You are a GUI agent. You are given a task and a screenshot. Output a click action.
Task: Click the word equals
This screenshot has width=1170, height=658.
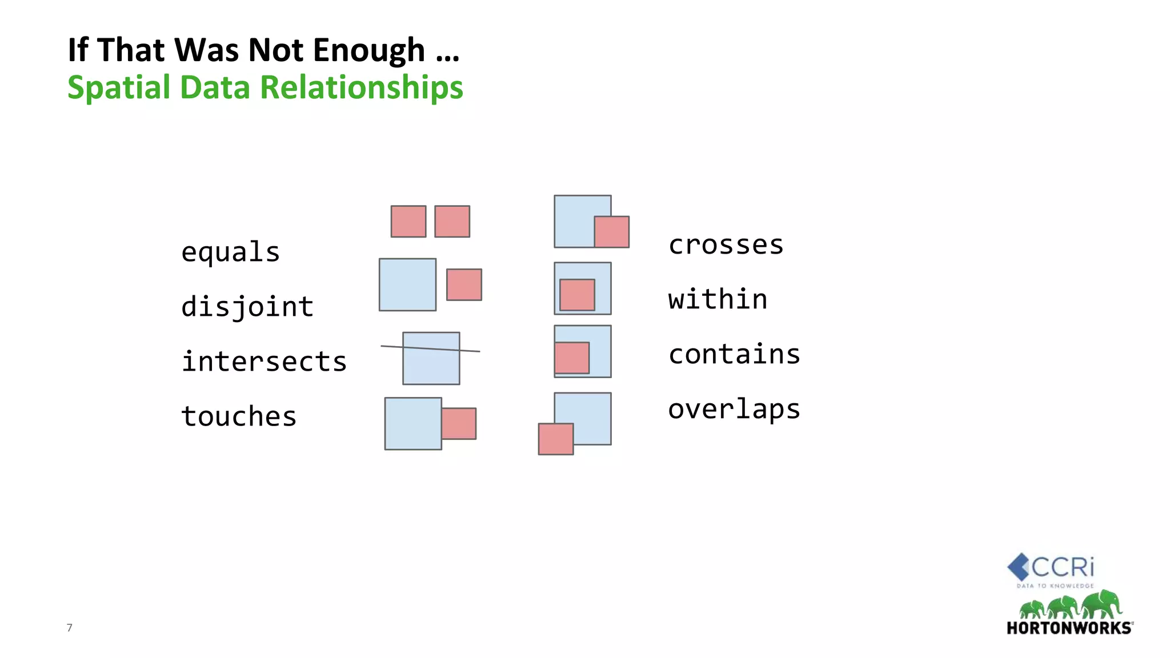[x=230, y=252]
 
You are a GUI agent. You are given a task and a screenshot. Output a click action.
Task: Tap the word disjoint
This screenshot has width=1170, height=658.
[x=247, y=307]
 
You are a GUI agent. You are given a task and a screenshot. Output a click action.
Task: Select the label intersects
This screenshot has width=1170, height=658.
[x=264, y=362]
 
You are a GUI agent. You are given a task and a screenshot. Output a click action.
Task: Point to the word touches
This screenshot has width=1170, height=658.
[x=239, y=416]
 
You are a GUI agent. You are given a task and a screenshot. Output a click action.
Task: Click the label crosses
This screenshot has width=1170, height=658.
[x=726, y=245]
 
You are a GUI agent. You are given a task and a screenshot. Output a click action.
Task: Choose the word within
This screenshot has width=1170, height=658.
[x=718, y=300]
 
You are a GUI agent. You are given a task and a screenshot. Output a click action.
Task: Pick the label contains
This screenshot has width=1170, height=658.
[x=734, y=354]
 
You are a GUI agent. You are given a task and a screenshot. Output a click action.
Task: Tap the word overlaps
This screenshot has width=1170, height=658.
[x=734, y=410]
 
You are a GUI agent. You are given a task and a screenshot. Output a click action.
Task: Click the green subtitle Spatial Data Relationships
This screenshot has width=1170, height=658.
[x=265, y=87]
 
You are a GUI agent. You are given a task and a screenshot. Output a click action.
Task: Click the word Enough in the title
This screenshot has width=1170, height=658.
[x=369, y=50]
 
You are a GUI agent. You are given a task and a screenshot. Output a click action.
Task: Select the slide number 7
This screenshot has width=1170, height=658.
[x=70, y=628]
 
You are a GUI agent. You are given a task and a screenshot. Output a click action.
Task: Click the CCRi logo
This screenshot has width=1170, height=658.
[x=1051, y=569]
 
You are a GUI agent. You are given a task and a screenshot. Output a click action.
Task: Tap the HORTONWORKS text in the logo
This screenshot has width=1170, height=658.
[x=1069, y=628]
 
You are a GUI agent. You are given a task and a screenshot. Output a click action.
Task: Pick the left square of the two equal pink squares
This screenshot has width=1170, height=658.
[x=408, y=221]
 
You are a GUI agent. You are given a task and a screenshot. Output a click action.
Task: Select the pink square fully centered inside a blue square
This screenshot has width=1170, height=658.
[x=577, y=295]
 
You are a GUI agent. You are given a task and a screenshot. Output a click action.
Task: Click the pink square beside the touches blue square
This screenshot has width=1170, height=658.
[x=459, y=423]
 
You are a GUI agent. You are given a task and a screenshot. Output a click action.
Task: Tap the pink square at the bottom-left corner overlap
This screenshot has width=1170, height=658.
[x=556, y=439]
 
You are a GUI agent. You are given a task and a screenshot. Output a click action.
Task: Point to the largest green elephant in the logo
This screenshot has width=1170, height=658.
[x=1101, y=604]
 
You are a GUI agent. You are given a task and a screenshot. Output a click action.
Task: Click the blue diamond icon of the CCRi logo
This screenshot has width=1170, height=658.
[x=1018, y=567]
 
